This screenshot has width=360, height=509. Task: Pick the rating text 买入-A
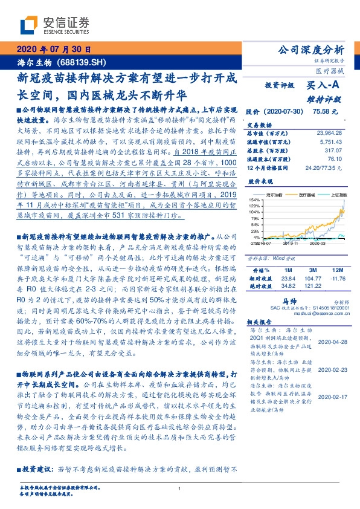pyautogui.click(x=324, y=88)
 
